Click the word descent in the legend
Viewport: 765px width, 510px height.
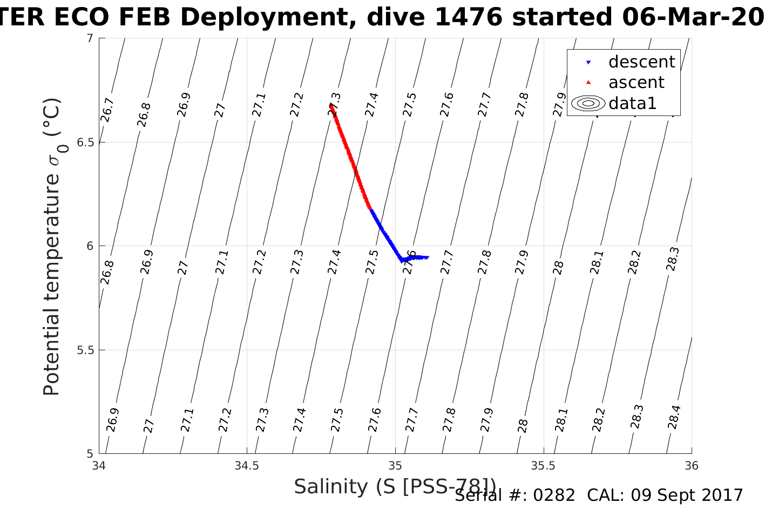[x=641, y=62]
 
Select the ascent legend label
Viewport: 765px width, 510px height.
[x=636, y=83]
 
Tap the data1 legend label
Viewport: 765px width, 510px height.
[x=632, y=103]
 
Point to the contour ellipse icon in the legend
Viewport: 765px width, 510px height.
[x=588, y=103]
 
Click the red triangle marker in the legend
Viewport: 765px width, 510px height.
[x=588, y=83]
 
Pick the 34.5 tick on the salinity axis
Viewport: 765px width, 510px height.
[x=247, y=466]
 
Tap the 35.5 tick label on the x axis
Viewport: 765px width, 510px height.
[x=543, y=466]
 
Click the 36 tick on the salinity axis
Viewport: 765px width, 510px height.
[x=691, y=466]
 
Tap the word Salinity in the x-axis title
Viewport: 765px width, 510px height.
[x=330, y=487]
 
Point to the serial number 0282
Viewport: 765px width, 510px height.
[x=554, y=495]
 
